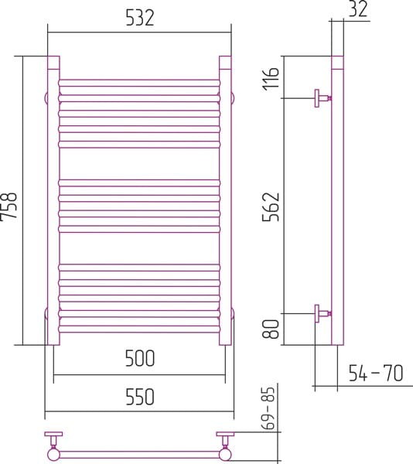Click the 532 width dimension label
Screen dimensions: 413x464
tap(140, 18)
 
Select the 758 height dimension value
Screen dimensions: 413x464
tap(9, 206)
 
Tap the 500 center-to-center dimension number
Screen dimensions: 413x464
tap(140, 358)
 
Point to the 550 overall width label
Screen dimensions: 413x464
tap(140, 397)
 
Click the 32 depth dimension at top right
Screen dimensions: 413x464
tap(358, 9)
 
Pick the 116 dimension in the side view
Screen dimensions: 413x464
tap(271, 78)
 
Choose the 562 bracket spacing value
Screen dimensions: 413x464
tap(271, 206)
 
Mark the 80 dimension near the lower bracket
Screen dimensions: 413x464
tap(271, 329)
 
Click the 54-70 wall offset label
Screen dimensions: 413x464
tap(376, 373)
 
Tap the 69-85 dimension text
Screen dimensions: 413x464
tap(269, 408)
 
